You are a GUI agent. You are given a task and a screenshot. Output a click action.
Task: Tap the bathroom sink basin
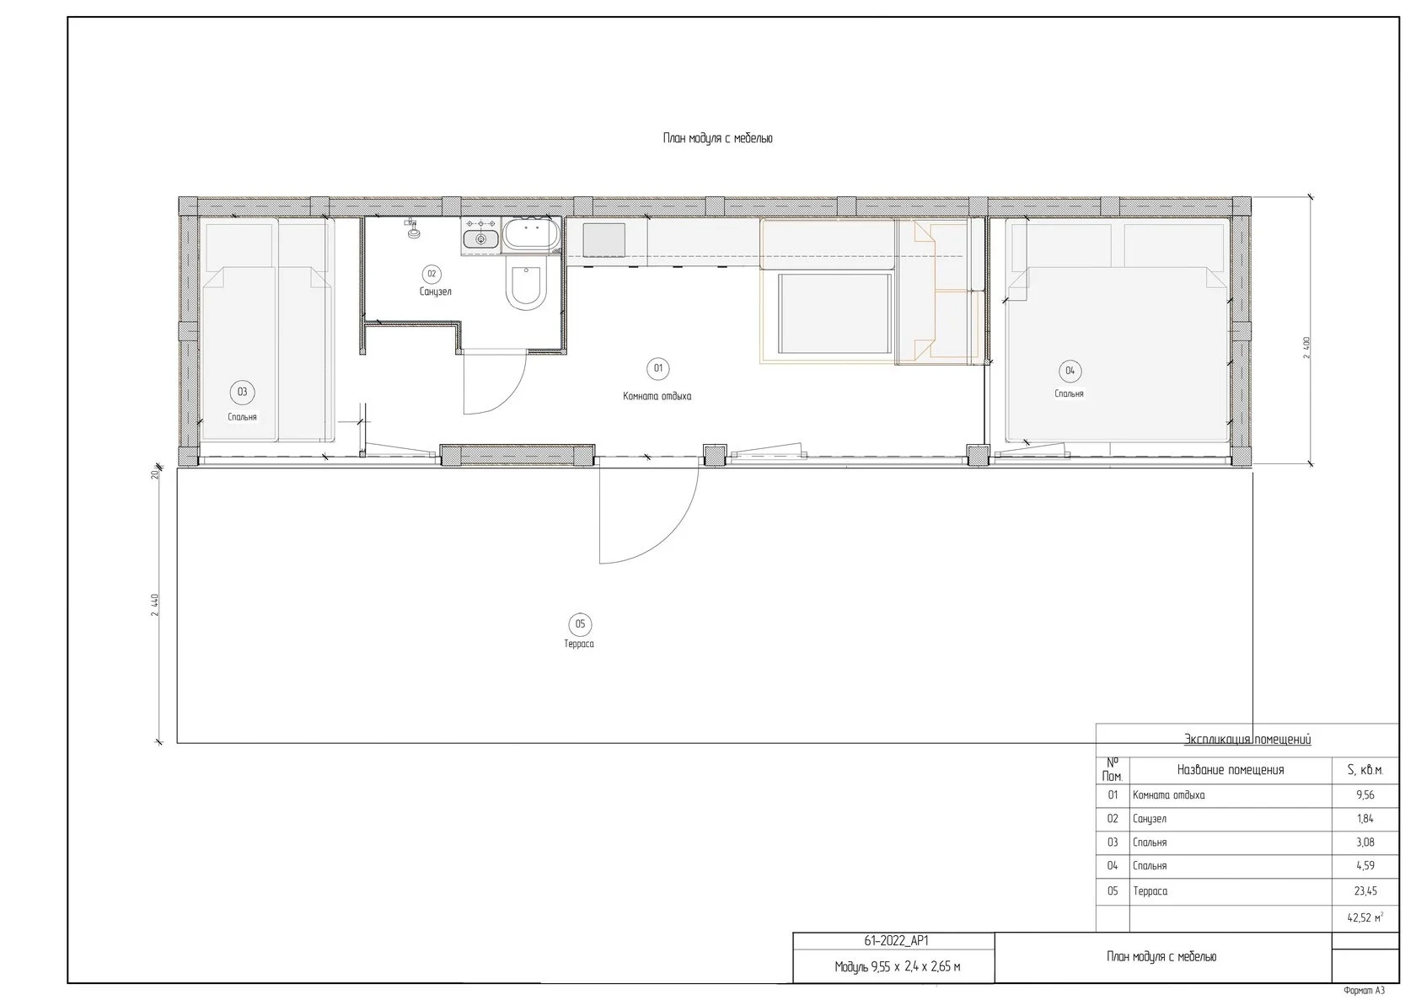[x=480, y=239]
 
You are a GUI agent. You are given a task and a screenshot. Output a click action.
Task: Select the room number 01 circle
[x=658, y=369]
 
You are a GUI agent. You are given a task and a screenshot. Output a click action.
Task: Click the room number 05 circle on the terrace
[x=580, y=625]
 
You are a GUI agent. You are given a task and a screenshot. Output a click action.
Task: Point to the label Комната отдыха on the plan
[x=657, y=397]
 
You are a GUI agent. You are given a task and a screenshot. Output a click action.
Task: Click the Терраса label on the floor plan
[x=579, y=644]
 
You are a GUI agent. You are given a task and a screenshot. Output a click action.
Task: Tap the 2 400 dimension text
[x=1306, y=348]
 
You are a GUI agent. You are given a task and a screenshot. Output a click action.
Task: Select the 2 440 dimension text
[x=155, y=605]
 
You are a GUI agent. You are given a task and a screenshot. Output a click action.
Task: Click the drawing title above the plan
[x=717, y=138]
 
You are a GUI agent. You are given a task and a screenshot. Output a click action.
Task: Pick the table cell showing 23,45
[x=1365, y=891]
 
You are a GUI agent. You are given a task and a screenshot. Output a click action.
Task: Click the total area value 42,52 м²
[x=1365, y=918]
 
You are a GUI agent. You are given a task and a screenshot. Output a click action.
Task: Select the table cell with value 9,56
[x=1365, y=795]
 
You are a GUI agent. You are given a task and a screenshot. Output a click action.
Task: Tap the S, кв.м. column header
[x=1365, y=770]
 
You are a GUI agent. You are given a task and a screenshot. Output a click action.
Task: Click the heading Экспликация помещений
[x=1247, y=739]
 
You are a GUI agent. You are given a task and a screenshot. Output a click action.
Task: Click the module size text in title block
[x=897, y=967]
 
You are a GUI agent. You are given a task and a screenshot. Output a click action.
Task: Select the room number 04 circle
[x=1070, y=371]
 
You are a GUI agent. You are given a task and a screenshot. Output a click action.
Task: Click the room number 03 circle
[x=242, y=393]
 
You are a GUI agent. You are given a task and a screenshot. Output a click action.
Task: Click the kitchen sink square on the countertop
[x=603, y=241]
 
